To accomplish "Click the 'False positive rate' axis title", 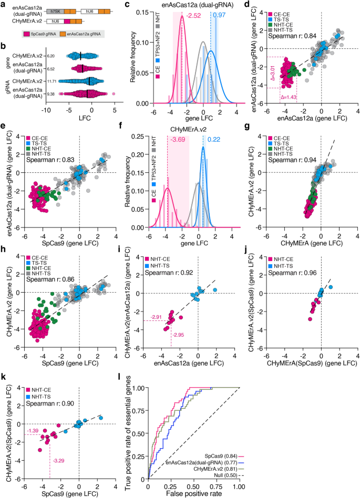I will click(x=193, y=493).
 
